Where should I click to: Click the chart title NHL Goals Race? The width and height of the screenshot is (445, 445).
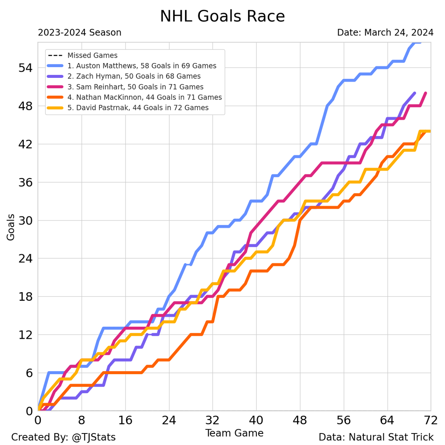(x=222, y=16)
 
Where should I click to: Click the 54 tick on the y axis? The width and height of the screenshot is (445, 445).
(x=25, y=68)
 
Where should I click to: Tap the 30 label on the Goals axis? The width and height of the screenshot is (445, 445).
(x=25, y=220)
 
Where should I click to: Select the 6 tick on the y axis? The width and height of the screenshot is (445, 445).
(x=29, y=373)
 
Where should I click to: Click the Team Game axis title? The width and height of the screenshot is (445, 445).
(x=234, y=433)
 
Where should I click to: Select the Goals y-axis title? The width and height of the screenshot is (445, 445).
(x=11, y=227)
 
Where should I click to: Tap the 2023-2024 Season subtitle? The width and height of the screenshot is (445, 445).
(x=80, y=33)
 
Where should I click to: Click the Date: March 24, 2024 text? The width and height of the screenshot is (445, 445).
(x=385, y=33)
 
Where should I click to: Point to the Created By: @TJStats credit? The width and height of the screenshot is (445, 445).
(x=63, y=438)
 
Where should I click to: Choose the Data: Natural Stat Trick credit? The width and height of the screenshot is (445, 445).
(x=376, y=438)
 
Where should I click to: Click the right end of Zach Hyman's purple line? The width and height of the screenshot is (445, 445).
(x=414, y=94)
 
